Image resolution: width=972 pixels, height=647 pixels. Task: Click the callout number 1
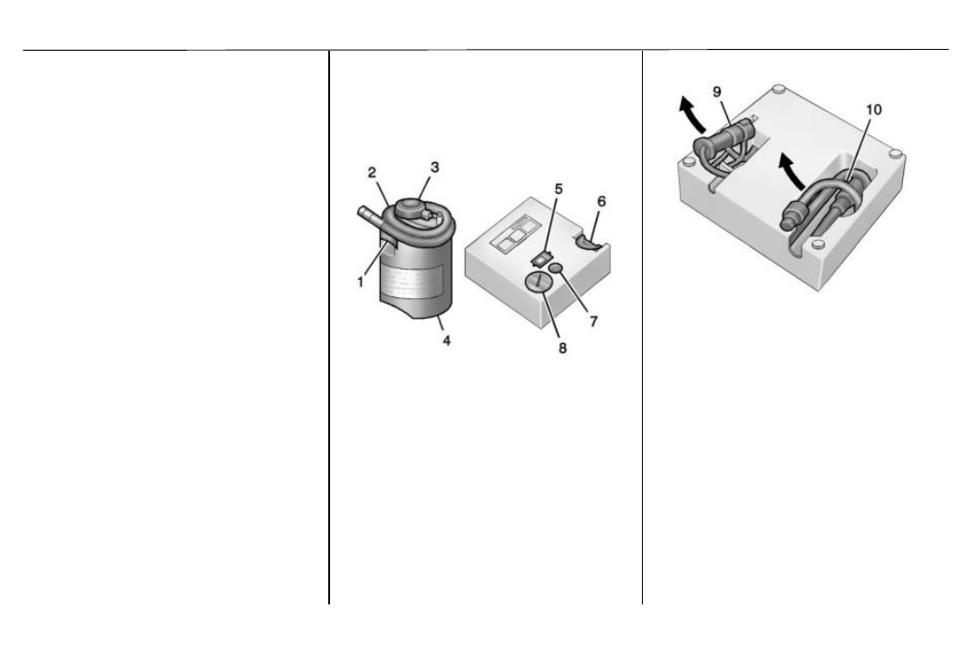coord(360,282)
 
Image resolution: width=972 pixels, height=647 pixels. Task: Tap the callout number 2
coord(372,172)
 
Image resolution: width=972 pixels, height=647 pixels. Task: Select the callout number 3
coord(434,168)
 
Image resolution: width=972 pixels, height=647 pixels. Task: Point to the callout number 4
coord(446,340)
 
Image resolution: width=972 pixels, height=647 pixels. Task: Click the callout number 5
coord(559,188)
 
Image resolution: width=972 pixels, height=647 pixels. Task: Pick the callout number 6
coord(601,201)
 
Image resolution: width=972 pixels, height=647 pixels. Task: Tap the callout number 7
coord(594,321)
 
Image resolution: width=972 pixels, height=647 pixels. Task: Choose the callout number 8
coord(562,348)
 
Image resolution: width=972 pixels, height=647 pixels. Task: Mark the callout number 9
coord(717,92)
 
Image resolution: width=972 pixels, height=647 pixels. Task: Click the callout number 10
coord(873,110)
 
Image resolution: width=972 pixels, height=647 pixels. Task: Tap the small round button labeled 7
coord(556,267)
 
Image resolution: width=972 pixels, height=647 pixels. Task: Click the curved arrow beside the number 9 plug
coord(690,115)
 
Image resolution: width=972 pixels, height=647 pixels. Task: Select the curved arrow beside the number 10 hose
coord(792,169)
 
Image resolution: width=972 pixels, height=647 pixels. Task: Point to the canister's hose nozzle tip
coord(361,212)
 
